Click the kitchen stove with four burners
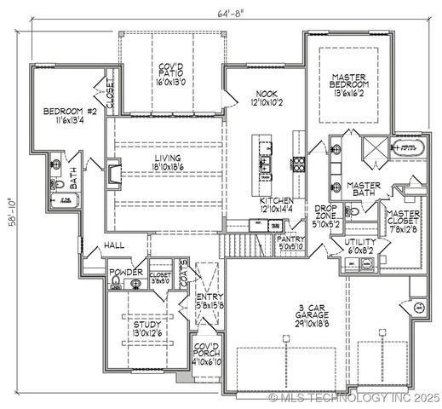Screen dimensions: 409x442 [299, 164]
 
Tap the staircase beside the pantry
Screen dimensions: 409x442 [233, 246]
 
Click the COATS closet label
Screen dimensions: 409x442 [182, 274]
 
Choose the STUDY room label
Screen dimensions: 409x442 [147, 329]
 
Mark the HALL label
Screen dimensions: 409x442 [114, 245]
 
